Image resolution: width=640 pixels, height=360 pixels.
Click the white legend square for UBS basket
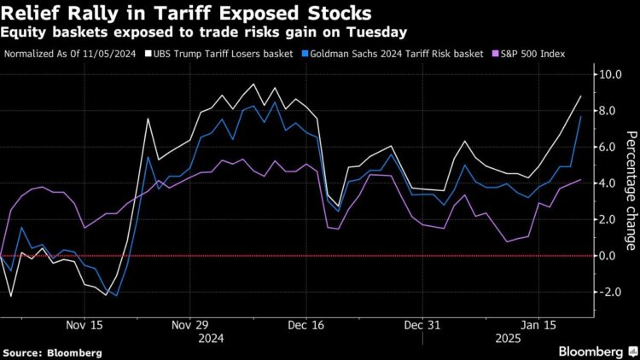[148, 54]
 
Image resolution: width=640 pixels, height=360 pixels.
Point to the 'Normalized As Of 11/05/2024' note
[73, 54]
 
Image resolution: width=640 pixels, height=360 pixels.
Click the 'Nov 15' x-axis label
[85, 325]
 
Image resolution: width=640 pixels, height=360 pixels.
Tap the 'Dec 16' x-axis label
[305, 325]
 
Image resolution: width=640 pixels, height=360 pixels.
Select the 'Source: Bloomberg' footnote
[52, 351]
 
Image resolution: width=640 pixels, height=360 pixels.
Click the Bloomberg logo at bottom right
[591, 351]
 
